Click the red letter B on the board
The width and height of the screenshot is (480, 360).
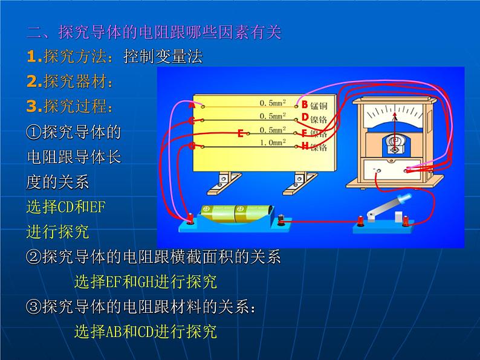[305, 104]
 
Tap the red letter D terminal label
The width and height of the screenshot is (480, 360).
[305, 116]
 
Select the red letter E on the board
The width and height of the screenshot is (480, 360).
[240, 133]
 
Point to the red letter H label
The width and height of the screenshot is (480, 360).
[305, 146]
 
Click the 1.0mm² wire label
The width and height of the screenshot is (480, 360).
[272, 143]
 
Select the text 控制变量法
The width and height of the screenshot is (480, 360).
[163, 57]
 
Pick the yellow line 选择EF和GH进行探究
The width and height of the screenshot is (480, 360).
[145, 281]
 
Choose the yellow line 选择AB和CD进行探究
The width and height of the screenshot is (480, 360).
[145, 332]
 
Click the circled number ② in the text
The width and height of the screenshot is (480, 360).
[34, 257]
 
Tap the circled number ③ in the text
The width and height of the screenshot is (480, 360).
[34, 307]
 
